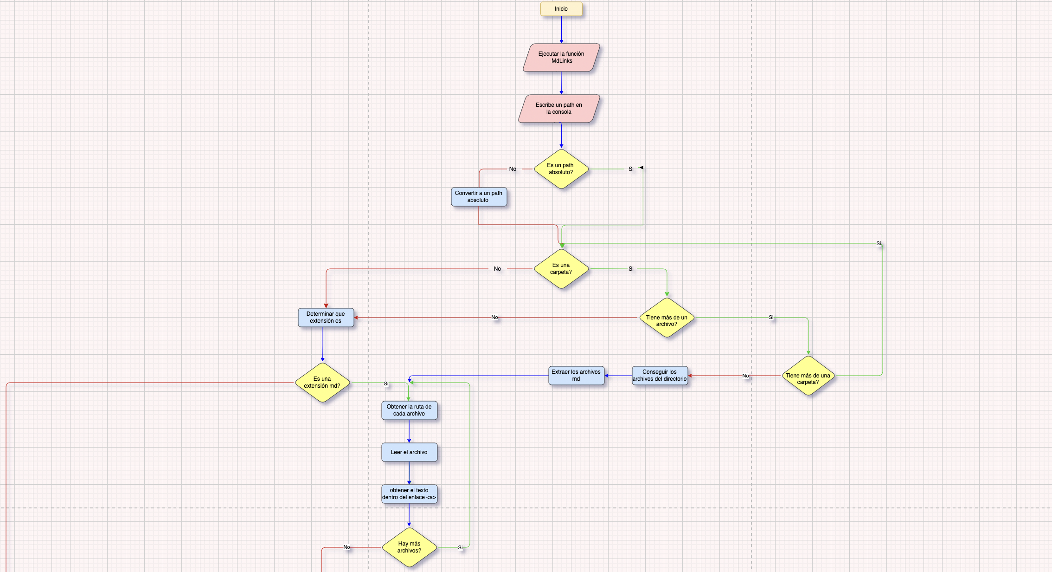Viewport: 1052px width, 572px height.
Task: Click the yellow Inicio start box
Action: click(x=561, y=9)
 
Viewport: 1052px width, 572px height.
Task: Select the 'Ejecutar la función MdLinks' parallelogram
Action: click(x=561, y=58)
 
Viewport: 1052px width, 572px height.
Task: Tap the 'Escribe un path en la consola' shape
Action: click(x=559, y=109)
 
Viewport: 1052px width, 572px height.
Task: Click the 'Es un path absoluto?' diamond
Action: click(x=561, y=169)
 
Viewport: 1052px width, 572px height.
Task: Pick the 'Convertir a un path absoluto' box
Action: click(x=479, y=197)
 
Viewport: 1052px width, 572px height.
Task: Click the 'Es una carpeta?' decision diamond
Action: click(x=561, y=269)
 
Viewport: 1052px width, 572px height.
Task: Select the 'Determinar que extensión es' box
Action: click(x=326, y=318)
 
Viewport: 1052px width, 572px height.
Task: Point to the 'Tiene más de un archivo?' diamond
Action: click(x=667, y=318)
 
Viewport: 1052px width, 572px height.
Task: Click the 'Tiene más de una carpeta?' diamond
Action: click(x=808, y=376)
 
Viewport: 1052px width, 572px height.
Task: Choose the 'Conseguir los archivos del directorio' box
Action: click(x=660, y=376)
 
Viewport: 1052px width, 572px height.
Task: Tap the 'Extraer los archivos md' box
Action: click(x=576, y=376)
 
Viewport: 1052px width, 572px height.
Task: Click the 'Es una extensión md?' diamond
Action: click(x=322, y=383)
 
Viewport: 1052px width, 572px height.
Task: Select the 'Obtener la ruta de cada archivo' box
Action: click(x=409, y=410)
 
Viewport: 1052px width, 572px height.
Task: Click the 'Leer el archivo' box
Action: click(x=409, y=452)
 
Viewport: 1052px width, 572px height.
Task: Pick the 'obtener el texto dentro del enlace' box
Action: click(x=409, y=494)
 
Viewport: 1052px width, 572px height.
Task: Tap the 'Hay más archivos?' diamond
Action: click(x=409, y=547)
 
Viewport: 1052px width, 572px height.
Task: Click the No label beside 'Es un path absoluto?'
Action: click(x=513, y=169)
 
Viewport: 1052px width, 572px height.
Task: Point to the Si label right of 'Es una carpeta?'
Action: click(x=631, y=269)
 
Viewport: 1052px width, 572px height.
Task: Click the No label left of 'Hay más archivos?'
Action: click(x=346, y=547)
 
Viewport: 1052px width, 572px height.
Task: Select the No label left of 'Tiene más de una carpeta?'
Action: click(x=745, y=376)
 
